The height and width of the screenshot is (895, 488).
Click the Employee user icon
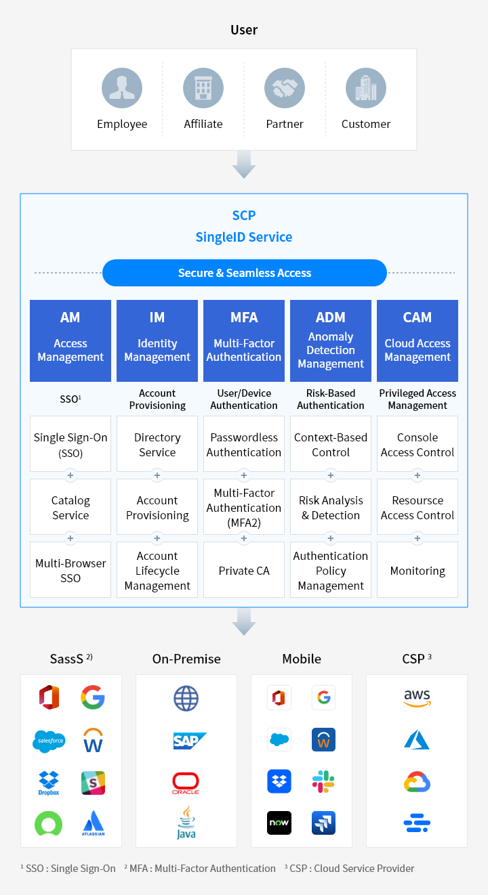(x=122, y=89)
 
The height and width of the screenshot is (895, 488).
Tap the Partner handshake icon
(x=285, y=89)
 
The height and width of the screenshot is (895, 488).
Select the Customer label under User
(x=366, y=124)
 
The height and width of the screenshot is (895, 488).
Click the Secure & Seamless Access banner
(x=244, y=273)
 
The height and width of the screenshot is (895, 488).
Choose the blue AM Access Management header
(x=70, y=341)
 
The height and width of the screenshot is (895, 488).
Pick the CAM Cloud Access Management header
(x=418, y=341)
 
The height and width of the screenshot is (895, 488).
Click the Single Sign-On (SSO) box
(x=70, y=444)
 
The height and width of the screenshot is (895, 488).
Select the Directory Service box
(x=157, y=444)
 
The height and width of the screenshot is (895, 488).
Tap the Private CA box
(x=244, y=570)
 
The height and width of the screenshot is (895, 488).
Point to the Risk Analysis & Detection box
(x=331, y=507)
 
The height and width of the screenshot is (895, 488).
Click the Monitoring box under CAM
(x=418, y=570)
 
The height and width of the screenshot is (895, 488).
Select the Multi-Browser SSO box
(x=70, y=570)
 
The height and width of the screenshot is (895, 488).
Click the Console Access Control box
(x=418, y=444)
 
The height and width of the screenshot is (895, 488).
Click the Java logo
(x=186, y=823)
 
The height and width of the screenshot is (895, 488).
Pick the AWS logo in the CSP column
(x=417, y=698)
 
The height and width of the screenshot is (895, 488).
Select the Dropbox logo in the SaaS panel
(x=49, y=783)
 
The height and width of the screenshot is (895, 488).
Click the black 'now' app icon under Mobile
(x=279, y=823)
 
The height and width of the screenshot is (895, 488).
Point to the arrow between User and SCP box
(x=244, y=165)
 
